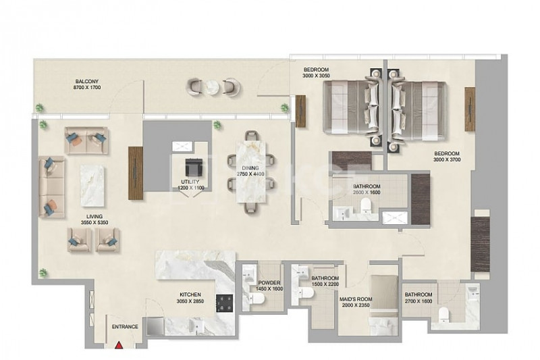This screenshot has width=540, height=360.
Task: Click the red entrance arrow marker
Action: click(119, 345)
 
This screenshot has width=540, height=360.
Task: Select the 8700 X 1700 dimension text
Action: click(87, 88)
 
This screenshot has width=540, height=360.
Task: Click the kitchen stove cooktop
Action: click(225, 303)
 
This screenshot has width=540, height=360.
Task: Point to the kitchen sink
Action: click(196, 326)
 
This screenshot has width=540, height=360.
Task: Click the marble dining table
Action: click(251, 172)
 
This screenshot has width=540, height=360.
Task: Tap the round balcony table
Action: click(211, 87)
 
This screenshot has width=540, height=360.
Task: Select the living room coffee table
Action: click(92, 185)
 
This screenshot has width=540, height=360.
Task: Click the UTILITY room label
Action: click(190, 182)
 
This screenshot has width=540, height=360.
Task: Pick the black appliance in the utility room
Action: click(192, 167)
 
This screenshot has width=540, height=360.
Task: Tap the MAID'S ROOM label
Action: click(356, 299)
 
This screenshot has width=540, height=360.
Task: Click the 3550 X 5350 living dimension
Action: click(94, 222)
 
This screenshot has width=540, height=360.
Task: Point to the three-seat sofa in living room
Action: click(52, 186)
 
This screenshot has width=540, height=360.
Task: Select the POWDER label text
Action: click(269, 283)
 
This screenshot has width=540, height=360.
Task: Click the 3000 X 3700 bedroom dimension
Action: click(447, 159)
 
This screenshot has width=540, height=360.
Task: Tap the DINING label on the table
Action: click(250, 168)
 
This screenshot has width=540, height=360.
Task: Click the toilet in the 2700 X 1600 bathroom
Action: click(443, 314)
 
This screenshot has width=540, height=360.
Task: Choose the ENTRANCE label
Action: click(125, 327)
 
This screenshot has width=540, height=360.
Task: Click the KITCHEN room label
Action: click(190, 295)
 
